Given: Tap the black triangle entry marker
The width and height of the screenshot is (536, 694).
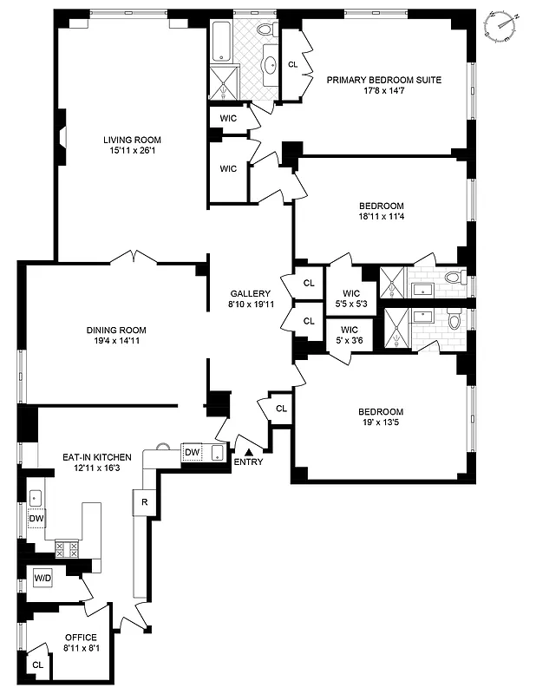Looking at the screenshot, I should [x=249, y=451].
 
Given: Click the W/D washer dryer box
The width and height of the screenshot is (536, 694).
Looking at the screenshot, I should [x=42, y=578].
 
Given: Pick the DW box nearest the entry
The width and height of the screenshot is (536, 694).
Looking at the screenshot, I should [x=192, y=451].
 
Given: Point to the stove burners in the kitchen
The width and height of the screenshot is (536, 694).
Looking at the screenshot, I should [x=68, y=548].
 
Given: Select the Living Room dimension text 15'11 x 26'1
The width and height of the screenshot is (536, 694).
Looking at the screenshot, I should [x=132, y=151].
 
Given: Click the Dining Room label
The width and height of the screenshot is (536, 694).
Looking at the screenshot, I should [x=115, y=330].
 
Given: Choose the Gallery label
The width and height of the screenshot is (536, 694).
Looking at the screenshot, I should [x=250, y=293].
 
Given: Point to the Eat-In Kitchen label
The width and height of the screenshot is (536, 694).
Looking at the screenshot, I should [x=96, y=456].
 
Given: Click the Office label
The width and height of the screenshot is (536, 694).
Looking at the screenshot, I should [x=81, y=638].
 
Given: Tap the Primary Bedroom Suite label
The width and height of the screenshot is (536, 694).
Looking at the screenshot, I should [x=383, y=80].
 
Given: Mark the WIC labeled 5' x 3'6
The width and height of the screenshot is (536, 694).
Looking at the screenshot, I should [x=350, y=335].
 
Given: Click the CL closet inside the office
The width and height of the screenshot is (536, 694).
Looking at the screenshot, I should [x=37, y=665].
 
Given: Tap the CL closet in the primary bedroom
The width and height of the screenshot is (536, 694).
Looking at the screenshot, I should [x=292, y=64].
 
